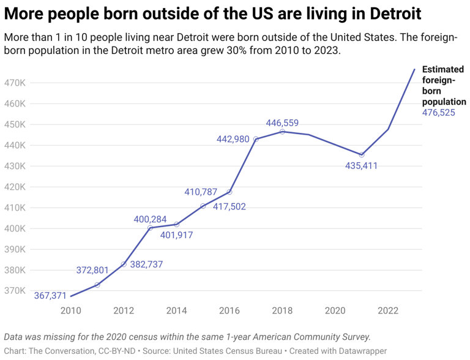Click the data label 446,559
point(282,123)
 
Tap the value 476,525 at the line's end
point(438,113)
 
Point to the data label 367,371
point(50,296)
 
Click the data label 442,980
point(233,139)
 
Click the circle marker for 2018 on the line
point(282,132)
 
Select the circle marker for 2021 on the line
point(362,155)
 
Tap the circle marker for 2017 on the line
point(256,139)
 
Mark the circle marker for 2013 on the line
point(150,228)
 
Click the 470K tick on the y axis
point(15,83)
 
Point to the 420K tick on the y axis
point(15,187)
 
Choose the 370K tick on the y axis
point(15,291)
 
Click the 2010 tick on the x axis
point(70,310)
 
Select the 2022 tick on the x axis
point(388,310)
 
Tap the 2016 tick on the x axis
point(229,310)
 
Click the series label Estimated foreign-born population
point(444,86)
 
